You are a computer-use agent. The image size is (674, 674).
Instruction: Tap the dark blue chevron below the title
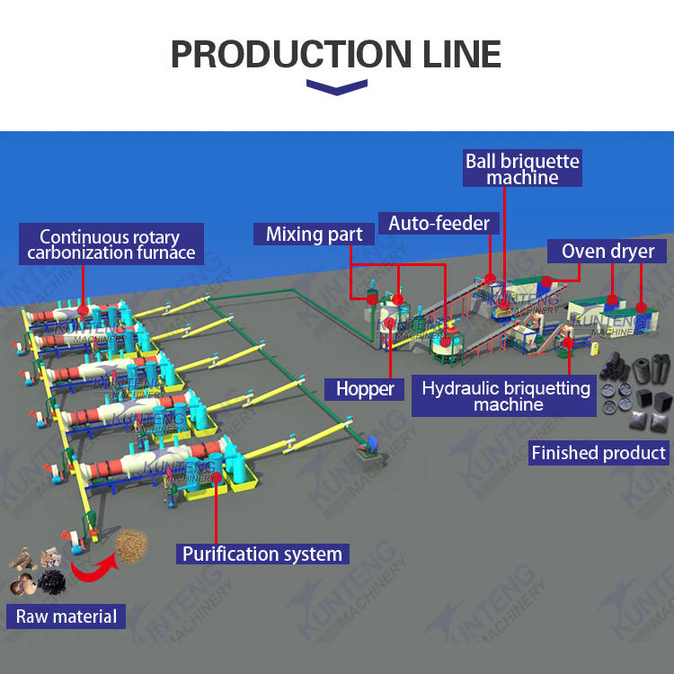[337, 86]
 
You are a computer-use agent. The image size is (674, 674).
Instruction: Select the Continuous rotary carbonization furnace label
[111, 244]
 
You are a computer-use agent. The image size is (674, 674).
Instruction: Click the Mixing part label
[315, 235]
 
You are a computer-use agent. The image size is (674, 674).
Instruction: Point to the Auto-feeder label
[439, 222]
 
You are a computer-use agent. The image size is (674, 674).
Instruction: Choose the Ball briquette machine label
[522, 169]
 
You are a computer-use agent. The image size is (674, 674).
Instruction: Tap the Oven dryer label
[608, 251]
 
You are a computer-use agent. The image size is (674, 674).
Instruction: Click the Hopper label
[366, 389]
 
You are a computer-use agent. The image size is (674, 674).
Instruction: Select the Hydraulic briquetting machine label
[506, 396]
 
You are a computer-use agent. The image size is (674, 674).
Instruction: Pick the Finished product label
[599, 453]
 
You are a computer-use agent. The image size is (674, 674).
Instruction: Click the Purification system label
[262, 554]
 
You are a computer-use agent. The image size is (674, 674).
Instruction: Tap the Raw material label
[67, 616]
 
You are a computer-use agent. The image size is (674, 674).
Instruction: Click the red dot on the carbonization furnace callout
[83, 309]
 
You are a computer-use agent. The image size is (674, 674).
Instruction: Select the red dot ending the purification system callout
[217, 477]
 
